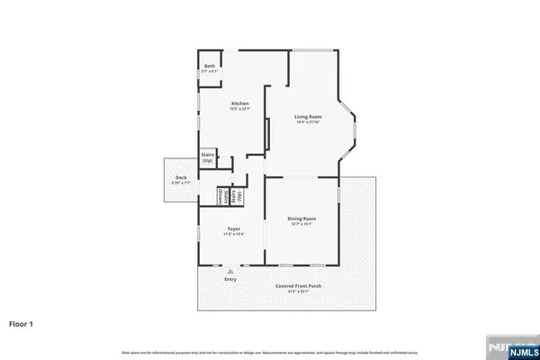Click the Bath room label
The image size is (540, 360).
coord(210,66)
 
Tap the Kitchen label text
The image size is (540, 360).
coord(239,103)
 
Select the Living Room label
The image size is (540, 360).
coord(309,117)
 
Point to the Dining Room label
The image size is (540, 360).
coord(301,219)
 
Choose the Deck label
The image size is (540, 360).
coord(181,177)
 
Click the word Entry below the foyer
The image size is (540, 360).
coord(230,280)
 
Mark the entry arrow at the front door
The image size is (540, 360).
coord(230,270)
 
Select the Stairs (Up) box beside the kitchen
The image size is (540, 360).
coord(207,157)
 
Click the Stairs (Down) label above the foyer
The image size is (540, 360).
coord(222,195)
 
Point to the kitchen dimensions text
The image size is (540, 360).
coord(239,109)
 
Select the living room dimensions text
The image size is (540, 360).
coord(309,123)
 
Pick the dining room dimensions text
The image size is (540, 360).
coord(301,224)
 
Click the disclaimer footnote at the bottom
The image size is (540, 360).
coord(270,351)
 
